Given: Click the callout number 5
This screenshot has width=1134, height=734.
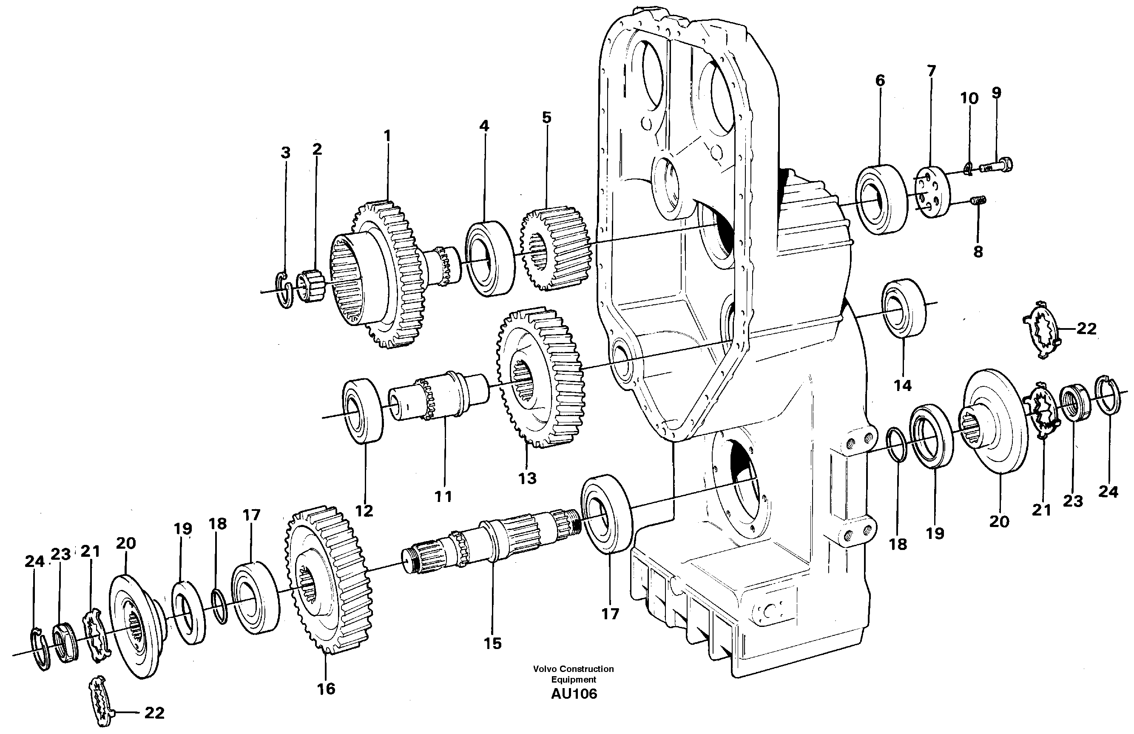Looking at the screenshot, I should (x=546, y=118).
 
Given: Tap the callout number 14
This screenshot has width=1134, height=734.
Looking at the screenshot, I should (x=902, y=385).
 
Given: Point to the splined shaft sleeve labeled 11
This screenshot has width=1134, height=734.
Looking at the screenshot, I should (x=438, y=396).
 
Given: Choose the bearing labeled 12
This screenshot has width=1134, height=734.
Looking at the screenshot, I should (x=363, y=410).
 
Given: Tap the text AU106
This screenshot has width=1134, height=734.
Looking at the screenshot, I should (x=573, y=694).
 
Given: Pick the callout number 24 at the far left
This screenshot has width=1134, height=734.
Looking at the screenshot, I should (x=34, y=561).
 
